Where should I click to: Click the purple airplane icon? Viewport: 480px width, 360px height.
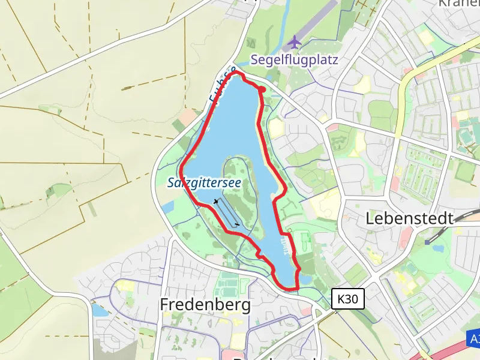[294, 42]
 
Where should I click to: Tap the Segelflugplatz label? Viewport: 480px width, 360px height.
[295, 60]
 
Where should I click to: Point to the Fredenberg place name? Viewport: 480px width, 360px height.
[205, 305]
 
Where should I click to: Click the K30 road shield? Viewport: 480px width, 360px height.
[348, 298]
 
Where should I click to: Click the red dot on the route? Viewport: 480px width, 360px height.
[262, 89]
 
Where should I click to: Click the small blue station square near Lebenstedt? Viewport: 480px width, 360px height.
[427, 241]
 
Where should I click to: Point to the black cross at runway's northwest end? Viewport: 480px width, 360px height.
[215, 201]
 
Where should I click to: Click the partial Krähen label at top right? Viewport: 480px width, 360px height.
[459, 4]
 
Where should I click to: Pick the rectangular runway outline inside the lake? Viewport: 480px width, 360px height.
[227, 212]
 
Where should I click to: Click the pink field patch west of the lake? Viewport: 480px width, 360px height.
[188, 116]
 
